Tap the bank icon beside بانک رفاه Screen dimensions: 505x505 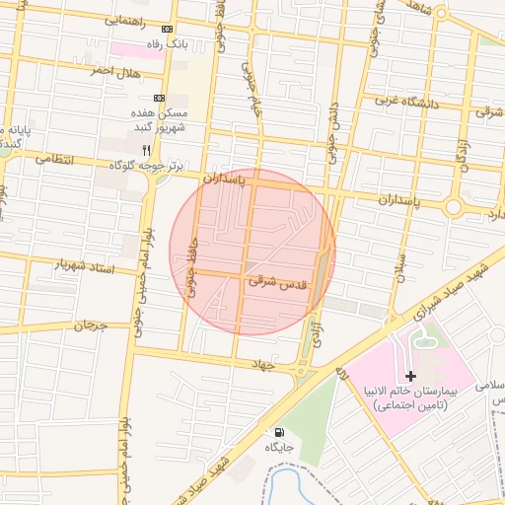(x=166, y=30)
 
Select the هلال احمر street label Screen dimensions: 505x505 (x=115, y=72)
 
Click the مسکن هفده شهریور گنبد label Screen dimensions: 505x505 (x=169, y=120)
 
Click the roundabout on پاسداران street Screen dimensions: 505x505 (x=454, y=207)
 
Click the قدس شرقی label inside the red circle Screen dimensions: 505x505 (x=276, y=282)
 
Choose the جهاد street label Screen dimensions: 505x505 (x=286, y=365)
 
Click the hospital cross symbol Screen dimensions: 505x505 (x=410, y=376)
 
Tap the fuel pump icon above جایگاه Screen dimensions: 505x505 (x=279, y=432)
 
